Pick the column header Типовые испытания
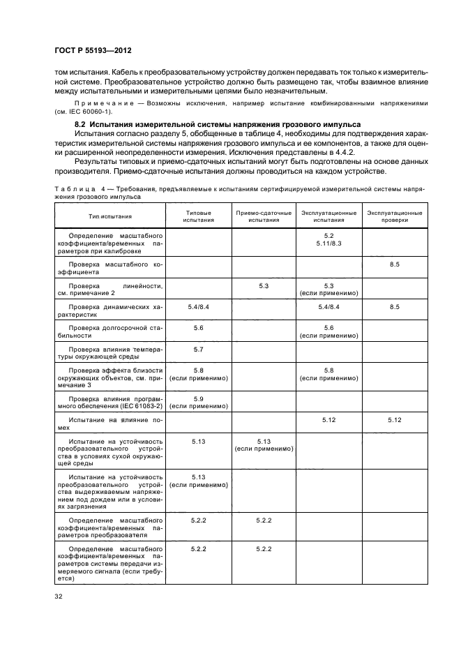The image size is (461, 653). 198,216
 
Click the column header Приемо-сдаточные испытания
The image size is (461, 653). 263,216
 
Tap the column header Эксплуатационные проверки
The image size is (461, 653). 394,216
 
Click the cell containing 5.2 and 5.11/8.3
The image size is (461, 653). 329,241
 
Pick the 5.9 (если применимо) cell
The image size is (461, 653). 198,402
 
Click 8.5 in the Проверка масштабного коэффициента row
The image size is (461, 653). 394,265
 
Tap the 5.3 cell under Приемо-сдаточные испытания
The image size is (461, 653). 263,286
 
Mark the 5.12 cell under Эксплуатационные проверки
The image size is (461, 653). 394,420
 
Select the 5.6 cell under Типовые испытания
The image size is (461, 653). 198,327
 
